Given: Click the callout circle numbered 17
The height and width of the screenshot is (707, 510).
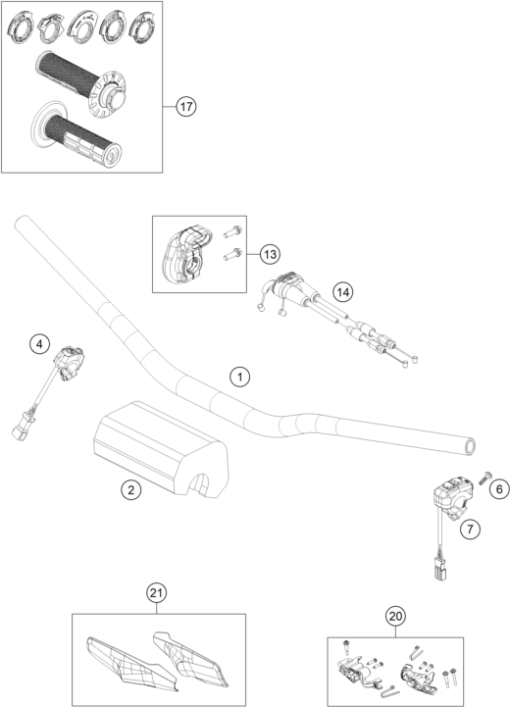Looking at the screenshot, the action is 185,107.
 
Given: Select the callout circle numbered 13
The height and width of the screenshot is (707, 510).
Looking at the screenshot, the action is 270,255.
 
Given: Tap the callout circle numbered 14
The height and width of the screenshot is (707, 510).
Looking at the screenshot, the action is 342,292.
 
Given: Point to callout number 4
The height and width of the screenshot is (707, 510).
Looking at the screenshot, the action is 39,344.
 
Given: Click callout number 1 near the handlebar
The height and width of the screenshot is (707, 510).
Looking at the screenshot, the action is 240,377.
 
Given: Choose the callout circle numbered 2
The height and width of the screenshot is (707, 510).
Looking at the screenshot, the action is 130,489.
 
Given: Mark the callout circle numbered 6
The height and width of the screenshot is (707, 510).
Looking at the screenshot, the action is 499,488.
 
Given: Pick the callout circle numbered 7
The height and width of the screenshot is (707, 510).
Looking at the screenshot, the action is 471,529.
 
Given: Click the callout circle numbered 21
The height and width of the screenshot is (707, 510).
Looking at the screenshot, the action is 156,593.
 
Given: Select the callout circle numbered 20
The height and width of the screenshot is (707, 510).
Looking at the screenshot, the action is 395,617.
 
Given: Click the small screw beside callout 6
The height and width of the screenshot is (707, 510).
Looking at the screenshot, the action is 485,477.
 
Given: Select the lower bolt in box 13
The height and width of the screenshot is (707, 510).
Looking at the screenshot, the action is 232,254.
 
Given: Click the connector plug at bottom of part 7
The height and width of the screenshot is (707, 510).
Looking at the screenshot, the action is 438,567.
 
